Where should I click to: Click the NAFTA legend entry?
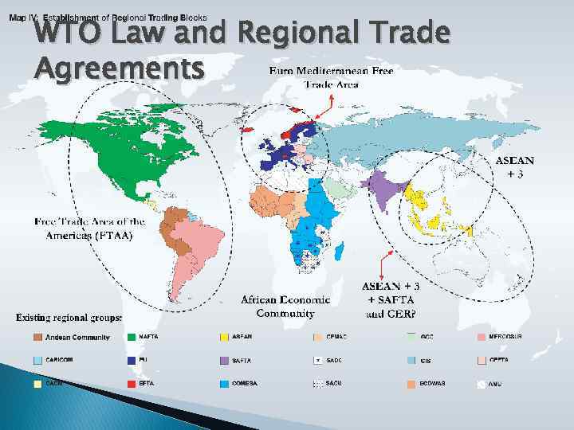(x=147, y=338)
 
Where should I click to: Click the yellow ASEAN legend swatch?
(x=224, y=338)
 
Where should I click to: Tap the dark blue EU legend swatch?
(x=132, y=360)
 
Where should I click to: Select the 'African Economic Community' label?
(x=285, y=307)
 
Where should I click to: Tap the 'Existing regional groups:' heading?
(x=69, y=319)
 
